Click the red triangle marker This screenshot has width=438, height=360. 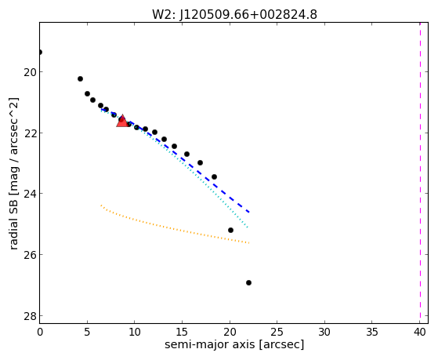click(122, 121)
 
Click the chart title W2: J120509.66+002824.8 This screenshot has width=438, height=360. click(234, 15)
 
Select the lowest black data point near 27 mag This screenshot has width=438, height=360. click(248, 283)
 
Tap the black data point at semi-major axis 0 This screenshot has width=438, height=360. click(40, 52)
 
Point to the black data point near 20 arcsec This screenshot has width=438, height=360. click(230, 231)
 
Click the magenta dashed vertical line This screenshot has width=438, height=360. click(420, 173)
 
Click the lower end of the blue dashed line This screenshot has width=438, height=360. click(248, 213)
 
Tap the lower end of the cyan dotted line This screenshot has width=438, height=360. click(248, 227)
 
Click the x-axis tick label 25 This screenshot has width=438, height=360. click(277, 333)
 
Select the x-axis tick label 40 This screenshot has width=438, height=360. click(419, 333)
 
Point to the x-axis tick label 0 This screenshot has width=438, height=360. click(40, 333)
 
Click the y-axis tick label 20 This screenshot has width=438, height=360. click(29, 72)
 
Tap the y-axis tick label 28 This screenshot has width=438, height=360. click(29, 315)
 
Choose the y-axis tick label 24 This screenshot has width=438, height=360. click(29, 194)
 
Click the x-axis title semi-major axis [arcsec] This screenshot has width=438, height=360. click(234, 344)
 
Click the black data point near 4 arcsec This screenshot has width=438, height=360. click(80, 79)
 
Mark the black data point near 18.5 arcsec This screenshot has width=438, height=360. click(214, 176)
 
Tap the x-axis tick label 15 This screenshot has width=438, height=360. click(182, 333)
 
